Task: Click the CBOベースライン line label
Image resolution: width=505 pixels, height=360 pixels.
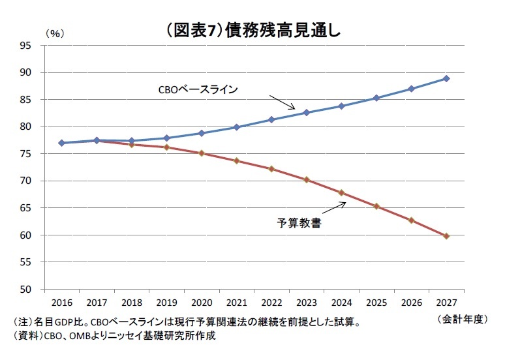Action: [198, 89]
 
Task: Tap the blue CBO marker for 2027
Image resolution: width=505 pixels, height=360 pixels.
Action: [446, 78]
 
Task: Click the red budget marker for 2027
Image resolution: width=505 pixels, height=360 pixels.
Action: [446, 236]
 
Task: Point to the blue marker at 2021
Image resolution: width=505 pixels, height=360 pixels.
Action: [236, 127]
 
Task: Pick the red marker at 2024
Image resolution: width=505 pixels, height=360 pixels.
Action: [341, 192]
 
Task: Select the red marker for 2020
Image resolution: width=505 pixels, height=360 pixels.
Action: [202, 153]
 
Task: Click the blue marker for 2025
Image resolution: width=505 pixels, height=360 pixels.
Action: [376, 98]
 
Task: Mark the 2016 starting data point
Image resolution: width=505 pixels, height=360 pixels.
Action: [61, 143]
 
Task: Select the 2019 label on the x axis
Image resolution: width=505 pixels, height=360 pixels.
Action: [166, 303]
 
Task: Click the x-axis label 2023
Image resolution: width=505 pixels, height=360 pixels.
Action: [307, 303]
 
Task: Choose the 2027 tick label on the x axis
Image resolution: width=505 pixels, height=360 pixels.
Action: [446, 303]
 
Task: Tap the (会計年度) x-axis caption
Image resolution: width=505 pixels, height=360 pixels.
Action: [462, 318]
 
